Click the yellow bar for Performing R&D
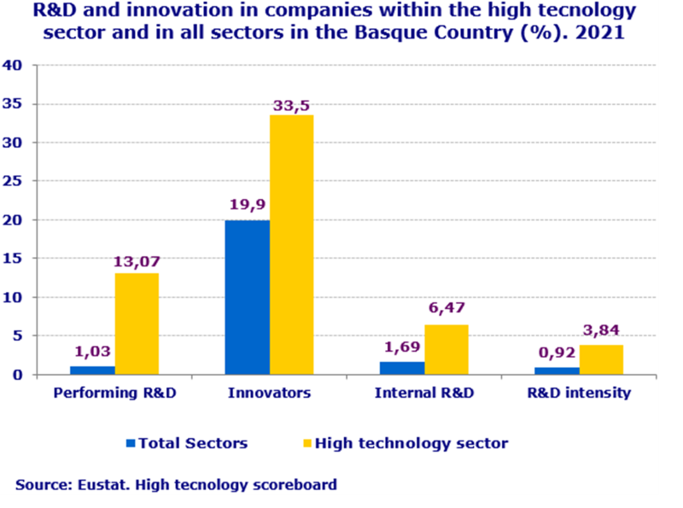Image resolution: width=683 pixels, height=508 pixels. coord(137,324)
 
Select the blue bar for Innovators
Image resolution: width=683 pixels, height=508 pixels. coord(248,297)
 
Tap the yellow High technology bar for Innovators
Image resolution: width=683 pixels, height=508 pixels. coord(292,245)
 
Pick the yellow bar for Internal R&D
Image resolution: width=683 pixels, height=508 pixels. coord(447,349)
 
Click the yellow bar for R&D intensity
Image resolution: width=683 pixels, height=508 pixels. coord(601,359)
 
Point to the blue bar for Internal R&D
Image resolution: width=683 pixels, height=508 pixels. coord(402,368)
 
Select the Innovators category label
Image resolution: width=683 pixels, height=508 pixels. coord(269,394)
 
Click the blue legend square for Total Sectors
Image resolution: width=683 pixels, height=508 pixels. coord(131,443)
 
